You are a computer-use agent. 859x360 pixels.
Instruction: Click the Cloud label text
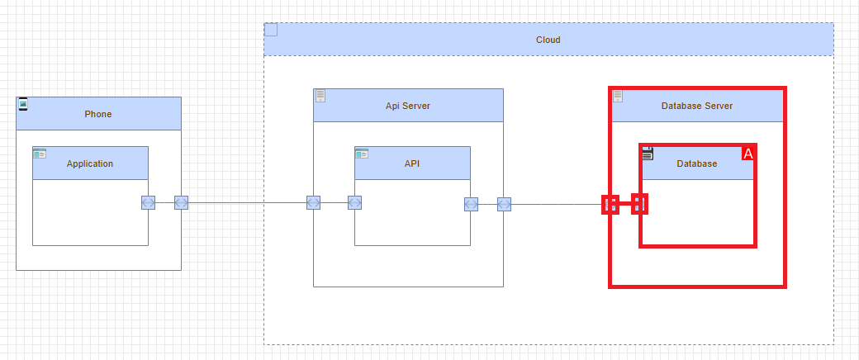[548, 40]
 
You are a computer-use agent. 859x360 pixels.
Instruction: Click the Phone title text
[97, 114]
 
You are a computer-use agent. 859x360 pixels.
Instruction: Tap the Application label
[90, 163]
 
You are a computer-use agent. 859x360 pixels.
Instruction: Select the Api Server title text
[408, 106]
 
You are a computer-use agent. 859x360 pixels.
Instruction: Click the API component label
[412, 163]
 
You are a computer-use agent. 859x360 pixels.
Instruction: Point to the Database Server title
[697, 106]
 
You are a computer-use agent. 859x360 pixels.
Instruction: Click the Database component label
[697, 163]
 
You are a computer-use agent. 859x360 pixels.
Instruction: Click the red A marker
[748, 154]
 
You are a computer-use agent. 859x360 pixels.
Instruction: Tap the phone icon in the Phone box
[23, 104]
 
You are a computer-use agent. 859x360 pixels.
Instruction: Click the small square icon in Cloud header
[271, 31]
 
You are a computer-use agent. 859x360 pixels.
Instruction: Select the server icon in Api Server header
[320, 96]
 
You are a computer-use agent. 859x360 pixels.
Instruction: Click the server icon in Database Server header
[618, 97]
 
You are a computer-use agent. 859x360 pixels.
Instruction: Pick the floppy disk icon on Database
[648, 153]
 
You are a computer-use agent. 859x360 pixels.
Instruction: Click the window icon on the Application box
[40, 154]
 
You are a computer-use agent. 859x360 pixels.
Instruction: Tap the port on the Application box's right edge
[148, 203]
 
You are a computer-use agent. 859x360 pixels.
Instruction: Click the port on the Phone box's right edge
[181, 203]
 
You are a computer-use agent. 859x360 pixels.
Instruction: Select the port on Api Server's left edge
[313, 203]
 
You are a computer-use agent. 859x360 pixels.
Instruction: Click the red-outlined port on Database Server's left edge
[610, 205]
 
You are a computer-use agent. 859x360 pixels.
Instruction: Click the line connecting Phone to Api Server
[248, 203]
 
